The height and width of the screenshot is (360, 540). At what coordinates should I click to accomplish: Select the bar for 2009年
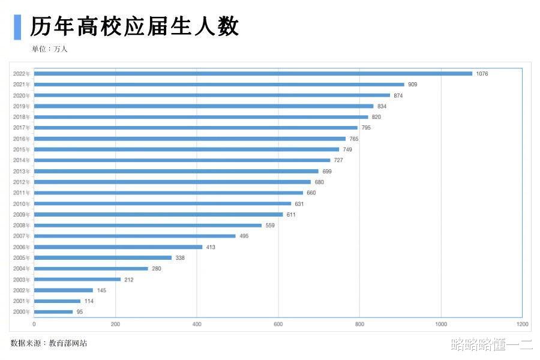tap(158, 214)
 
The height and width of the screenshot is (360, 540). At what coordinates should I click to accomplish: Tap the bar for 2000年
tap(53, 312)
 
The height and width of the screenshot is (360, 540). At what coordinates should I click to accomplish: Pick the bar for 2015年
tap(187, 149)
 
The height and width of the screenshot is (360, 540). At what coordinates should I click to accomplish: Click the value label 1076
tap(482, 74)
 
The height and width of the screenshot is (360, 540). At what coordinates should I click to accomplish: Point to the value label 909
tap(412, 85)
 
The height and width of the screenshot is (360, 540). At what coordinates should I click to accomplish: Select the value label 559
tap(270, 225)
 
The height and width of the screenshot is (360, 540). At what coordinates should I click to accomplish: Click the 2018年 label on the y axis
tap(22, 117)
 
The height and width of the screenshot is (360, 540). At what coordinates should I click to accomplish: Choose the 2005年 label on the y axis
tap(22, 258)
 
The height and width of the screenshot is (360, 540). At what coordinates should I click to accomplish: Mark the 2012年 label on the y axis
tap(22, 182)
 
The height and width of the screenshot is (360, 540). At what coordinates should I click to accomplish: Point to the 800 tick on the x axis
tap(359, 325)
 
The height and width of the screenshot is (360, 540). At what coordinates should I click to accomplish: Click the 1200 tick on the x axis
tap(522, 325)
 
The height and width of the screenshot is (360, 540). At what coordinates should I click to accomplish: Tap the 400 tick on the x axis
tap(197, 325)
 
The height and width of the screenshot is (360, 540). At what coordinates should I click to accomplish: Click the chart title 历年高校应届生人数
tap(134, 27)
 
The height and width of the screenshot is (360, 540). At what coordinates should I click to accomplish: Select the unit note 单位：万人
tap(50, 49)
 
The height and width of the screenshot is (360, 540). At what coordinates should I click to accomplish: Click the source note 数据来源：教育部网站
tap(49, 343)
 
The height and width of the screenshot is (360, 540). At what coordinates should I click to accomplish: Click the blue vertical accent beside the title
tap(17, 27)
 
